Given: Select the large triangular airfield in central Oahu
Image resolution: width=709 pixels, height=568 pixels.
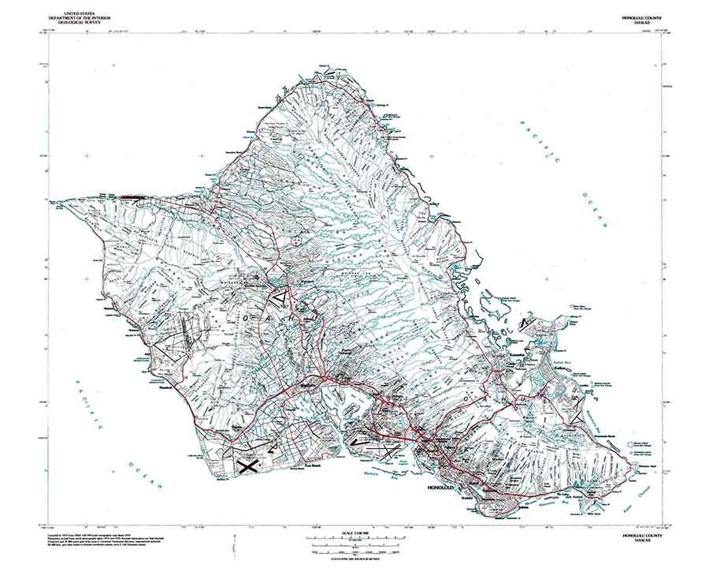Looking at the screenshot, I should coord(280,299).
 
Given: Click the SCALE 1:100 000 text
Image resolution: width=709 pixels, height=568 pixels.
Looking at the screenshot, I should coord(354,532).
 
